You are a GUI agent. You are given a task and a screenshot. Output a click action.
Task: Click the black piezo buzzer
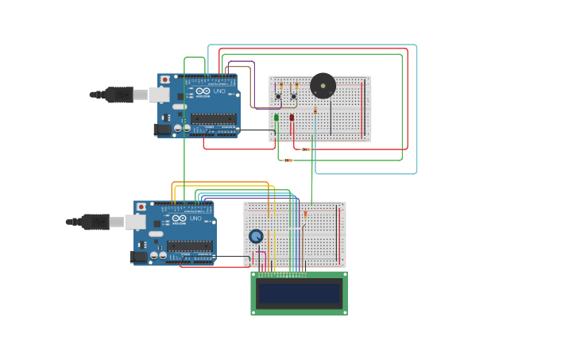pos(323,85)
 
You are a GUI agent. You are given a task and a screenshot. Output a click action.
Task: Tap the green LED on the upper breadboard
pos(276,118)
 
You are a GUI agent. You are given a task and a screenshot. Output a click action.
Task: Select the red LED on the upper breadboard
pos(292,118)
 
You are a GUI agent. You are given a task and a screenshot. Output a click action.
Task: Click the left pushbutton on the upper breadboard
pos(277,97)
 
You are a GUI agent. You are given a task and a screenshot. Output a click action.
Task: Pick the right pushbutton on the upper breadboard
pos(294,97)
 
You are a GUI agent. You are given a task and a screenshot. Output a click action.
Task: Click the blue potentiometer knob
pos(256,236)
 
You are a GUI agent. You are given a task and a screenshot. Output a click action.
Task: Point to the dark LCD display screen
pos(299,293)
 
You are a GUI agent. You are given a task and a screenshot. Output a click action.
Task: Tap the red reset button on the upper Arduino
pos(164,79)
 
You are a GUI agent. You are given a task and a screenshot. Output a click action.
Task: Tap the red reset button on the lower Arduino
pos(141,207)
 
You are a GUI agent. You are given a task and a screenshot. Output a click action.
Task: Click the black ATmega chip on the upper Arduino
pos(213,119)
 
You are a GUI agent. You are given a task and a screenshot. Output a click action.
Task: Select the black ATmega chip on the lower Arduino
pos(190,246)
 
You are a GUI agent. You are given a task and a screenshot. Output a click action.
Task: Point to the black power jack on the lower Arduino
pos(140,256)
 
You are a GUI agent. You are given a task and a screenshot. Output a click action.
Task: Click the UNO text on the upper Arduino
pos(219,92)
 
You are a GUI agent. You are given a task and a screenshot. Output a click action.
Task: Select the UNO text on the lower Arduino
pos(196,219)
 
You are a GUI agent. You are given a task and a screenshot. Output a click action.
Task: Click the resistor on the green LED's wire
pos(288,160)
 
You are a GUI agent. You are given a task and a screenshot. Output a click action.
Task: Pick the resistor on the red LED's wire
pos(306,149)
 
